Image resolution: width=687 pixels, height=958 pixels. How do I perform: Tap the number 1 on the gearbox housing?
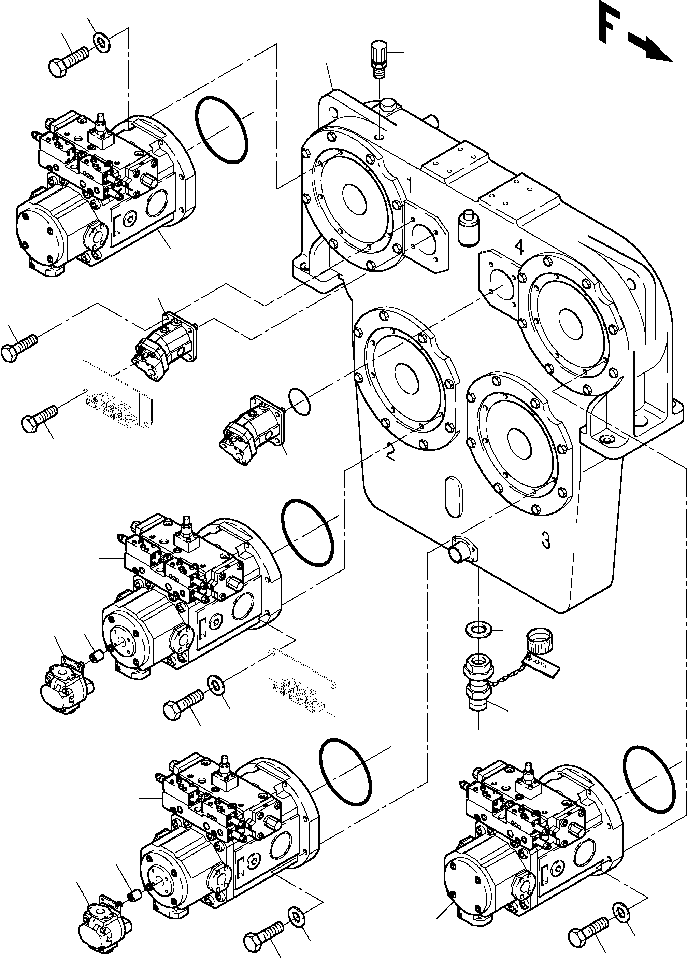[x=409, y=185]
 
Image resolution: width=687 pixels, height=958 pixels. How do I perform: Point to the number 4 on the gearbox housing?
[x=519, y=247]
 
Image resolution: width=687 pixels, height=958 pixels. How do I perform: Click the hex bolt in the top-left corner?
[x=68, y=61]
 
